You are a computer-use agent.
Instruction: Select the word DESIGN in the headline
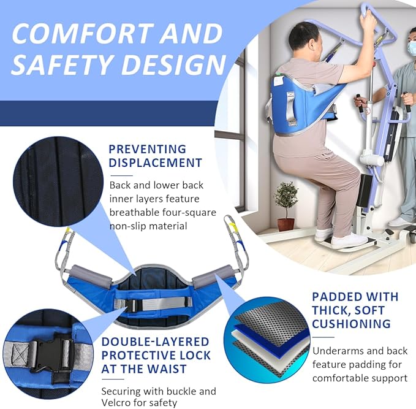pos(170,65)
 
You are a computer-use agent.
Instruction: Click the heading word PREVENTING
pos(147,149)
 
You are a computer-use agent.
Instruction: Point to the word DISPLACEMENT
pos(155,162)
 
